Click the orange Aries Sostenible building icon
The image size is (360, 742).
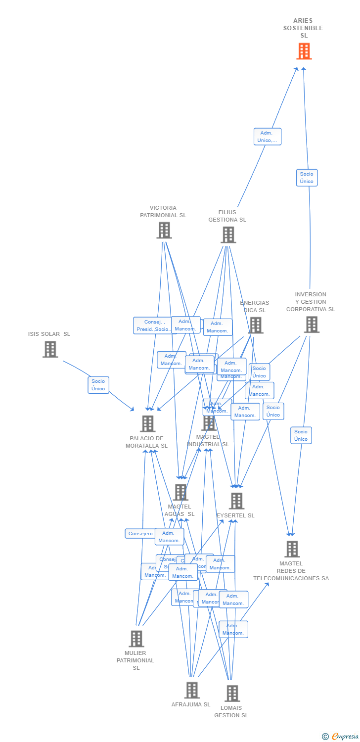click(304, 51)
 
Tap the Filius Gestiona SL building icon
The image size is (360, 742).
click(228, 235)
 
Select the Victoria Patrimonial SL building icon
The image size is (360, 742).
click(164, 230)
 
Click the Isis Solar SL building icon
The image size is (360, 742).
click(50, 349)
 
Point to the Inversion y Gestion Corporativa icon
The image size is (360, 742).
click(312, 325)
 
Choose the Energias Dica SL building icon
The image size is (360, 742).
click(256, 325)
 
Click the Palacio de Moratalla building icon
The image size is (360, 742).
click(147, 423)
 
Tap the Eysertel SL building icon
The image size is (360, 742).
click(236, 501)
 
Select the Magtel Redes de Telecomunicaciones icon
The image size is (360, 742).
click(292, 549)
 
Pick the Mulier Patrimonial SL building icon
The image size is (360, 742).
click(136, 639)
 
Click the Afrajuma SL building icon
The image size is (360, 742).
click(192, 690)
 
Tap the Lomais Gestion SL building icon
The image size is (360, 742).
click(232, 694)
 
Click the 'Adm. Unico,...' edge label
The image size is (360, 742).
click(268, 137)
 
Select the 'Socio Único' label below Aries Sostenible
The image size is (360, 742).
click(307, 178)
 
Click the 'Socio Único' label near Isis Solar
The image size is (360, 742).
click(98, 385)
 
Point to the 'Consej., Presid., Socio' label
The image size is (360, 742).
click(153, 325)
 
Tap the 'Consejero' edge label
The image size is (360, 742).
click(140, 534)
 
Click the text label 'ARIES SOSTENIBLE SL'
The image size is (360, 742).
click(303, 28)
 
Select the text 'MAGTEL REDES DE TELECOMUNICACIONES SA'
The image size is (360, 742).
click(291, 571)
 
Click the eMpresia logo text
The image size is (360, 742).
click(345, 736)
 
